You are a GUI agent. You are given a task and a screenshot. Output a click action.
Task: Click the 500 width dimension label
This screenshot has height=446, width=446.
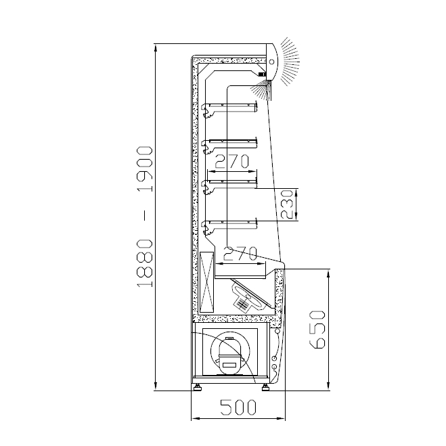coord(238,407)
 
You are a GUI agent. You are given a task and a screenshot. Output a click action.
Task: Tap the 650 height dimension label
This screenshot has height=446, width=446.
coord(317,330)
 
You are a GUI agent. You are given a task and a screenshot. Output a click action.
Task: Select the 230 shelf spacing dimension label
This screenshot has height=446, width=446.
coord(286,204)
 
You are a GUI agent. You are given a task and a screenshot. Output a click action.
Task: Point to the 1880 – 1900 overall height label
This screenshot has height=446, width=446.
coord(145,217)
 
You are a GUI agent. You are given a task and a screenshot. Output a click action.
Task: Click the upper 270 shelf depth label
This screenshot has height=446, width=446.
coord(231,161)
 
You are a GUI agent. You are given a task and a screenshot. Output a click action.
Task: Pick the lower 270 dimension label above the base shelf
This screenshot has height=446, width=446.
coord(240,253)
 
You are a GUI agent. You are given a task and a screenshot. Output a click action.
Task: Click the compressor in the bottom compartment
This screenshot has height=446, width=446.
coord(230,355)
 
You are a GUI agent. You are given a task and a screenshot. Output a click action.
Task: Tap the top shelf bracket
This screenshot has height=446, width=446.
coord(229,109)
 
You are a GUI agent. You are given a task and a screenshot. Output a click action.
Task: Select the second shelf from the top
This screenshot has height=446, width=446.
coord(229,146)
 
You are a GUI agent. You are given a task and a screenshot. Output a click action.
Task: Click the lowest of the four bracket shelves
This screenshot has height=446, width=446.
coord(229,227)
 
